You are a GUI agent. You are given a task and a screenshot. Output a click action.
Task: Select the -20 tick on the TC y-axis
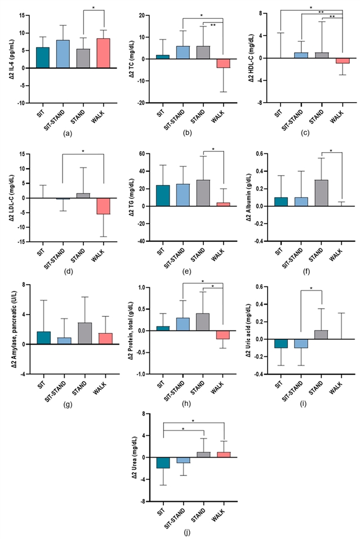(144, 103)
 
